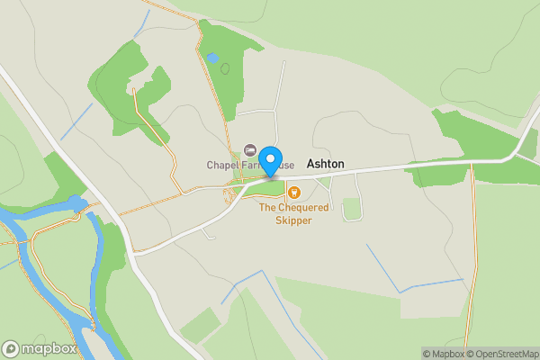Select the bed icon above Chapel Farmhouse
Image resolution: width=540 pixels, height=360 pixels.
coord(250,149)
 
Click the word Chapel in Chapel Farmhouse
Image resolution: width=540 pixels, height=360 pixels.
coord(222,166)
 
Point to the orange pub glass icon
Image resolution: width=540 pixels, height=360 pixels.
coord(292,191)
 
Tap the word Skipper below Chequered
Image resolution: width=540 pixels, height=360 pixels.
coord(292,220)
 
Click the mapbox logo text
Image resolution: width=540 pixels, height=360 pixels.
coord(49,349)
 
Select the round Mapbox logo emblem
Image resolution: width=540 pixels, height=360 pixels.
coord(12,349)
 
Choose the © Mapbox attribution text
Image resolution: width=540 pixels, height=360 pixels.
coord(444,353)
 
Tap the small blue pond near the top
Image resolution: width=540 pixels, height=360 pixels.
coord(211,58)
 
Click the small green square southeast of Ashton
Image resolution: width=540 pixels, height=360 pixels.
coord(352,209)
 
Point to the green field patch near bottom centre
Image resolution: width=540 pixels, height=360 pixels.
coord(200,325)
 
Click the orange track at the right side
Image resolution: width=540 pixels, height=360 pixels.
coord(472,234)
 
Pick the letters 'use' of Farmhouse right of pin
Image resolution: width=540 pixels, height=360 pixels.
coord(286,166)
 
